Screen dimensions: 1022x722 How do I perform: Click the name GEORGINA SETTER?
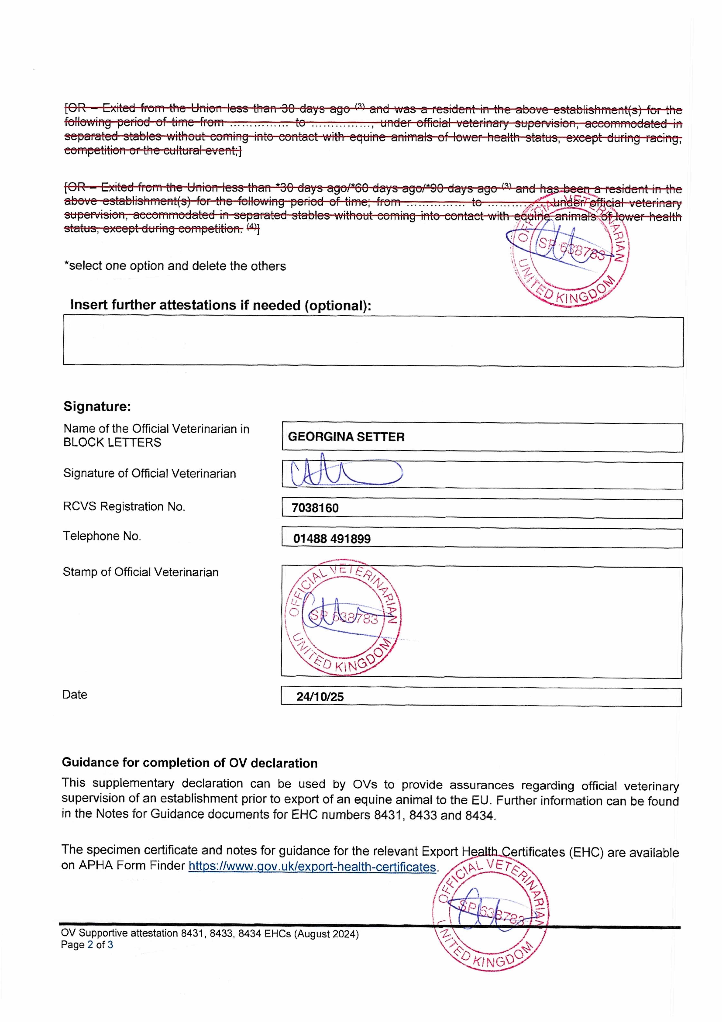tap(346, 437)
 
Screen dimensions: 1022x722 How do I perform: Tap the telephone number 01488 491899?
tap(332, 539)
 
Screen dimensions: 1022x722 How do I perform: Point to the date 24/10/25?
tap(320, 697)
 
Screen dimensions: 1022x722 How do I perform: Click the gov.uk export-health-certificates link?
tap(312, 867)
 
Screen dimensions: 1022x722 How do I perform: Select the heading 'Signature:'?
tap(97, 406)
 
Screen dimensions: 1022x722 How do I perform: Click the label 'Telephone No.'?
tap(102, 536)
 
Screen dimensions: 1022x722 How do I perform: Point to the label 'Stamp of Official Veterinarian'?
tap(141, 572)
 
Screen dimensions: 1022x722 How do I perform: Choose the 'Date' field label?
tap(75, 694)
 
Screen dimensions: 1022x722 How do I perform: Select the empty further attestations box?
tap(373, 341)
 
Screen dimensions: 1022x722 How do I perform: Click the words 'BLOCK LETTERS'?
tap(112, 443)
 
